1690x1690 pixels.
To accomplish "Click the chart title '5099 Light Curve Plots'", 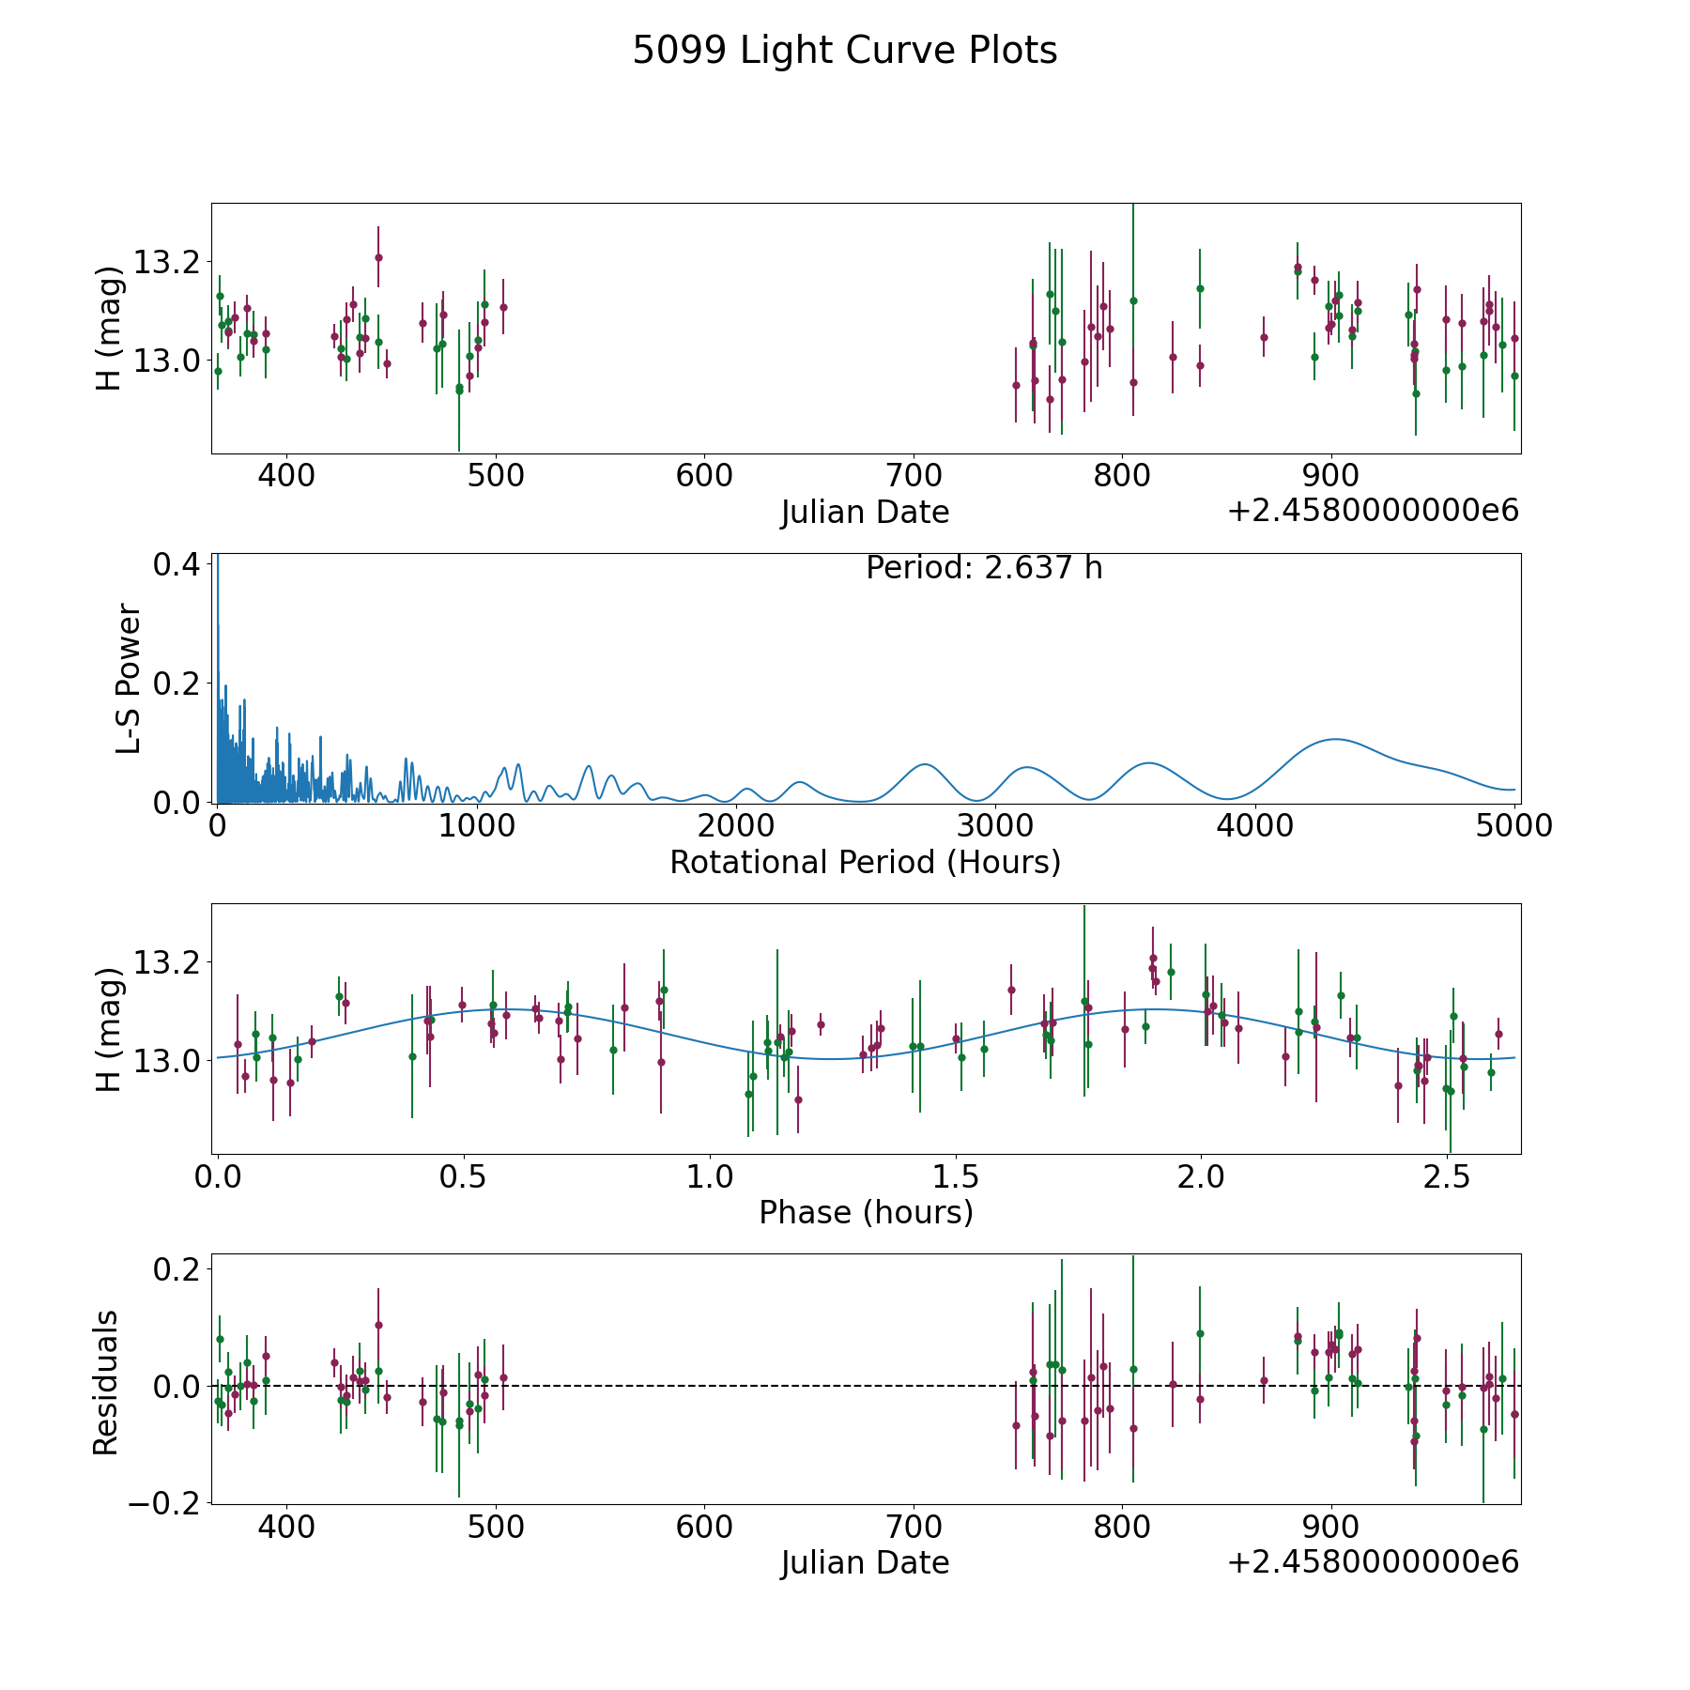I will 844,51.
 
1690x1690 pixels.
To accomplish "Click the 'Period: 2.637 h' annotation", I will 983,568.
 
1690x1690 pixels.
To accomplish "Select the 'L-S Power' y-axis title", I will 130,679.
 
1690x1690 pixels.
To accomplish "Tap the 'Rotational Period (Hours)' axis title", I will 865,862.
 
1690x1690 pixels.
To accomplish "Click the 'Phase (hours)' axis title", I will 865,1212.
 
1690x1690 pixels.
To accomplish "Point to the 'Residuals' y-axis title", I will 106,1382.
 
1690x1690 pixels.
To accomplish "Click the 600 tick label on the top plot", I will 704,475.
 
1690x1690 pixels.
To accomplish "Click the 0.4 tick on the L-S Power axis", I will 177,564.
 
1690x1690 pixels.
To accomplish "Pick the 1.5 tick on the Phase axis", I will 956,1176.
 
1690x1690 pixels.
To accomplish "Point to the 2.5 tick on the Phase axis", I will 1447,1176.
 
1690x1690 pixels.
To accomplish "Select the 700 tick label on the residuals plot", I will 914,1526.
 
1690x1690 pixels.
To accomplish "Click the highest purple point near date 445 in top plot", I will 378,257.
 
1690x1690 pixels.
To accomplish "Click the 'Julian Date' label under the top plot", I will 865,513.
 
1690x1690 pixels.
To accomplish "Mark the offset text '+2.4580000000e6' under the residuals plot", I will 1373,1561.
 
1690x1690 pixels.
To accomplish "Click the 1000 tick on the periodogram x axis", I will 477,826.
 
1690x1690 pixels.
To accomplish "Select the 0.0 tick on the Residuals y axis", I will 177,1386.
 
